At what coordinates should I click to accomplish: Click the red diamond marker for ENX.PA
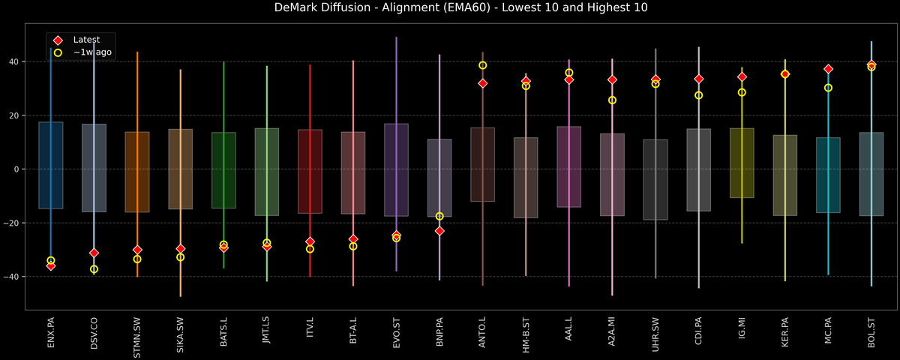click(x=51, y=265)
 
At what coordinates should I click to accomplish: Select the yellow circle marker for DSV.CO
click(x=94, y=268)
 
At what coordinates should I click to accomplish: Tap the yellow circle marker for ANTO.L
click(x=482, y=65)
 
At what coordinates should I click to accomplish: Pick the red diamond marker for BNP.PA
click(x=439, y=231)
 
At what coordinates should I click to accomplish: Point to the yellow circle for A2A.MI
click(x=612, y=100)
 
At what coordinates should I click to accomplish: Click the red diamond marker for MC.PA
click(x=828, y=69)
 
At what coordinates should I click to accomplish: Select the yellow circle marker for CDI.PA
click(x=698, y=95)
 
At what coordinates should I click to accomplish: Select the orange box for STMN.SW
click(x=137, y=172)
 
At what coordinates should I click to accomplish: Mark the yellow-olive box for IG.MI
click(x=742, y=163)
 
